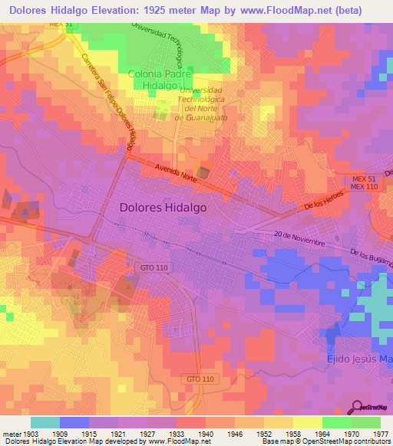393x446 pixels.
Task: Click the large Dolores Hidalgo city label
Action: point(163,207)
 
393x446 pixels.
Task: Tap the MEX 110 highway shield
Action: point(365,187)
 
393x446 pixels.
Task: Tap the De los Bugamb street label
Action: point(372,261)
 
